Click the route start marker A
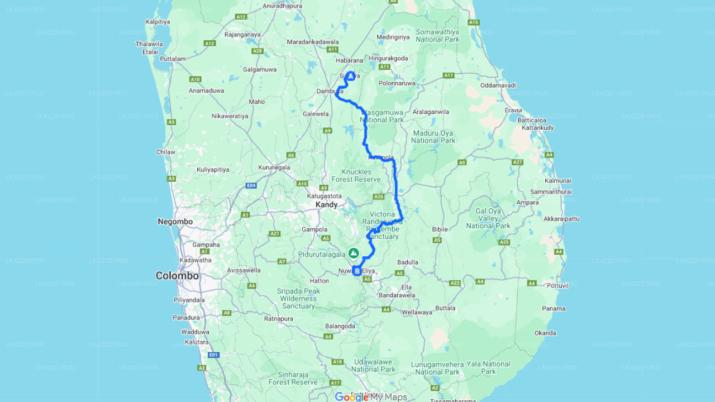[x=350, y=75]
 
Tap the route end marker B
[x=357, y=271]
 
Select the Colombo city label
[x=177, y=276]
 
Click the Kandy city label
[x=327, y=205]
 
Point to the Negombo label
[x=175, y=222]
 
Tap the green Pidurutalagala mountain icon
[x=354, y=253]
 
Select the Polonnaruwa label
[x=397, y=83]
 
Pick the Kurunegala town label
[x=274, y=167]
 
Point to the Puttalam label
[x=173, y=59]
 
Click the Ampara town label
[x=528, y=203]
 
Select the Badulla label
[x=408, y=262]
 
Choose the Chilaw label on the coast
[x=166, y=152]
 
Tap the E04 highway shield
[x=252, y=185]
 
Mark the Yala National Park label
[x=488, y=367]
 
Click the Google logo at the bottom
[x=351, y=397]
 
